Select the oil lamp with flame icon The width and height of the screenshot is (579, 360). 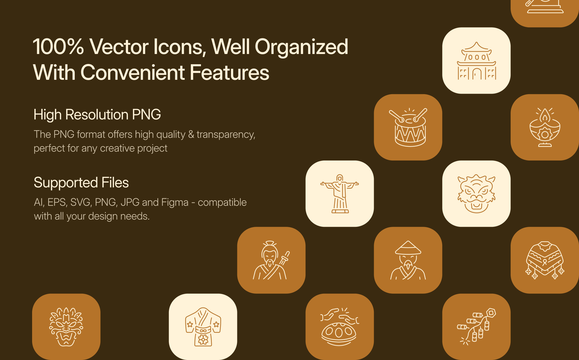pyautogui.click(x=545, y=127)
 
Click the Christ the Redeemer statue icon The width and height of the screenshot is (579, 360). pyautogui.click(x=340, y=194)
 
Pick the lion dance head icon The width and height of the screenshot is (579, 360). pyautogui.click(x=476, y=194)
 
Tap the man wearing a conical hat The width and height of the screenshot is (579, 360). pyautogui.click(x=408, y=260)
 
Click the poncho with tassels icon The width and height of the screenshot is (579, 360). pyautogui.click(x=545, y=260)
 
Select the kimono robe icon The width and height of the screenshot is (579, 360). pyautogui.click(x=203, y=327)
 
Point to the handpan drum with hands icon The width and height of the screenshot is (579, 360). pyautogui.click(x=340, y=327)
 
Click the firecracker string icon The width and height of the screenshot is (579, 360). pyautogui.click(x=476, y=327)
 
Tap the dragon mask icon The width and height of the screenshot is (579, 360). pyautogui.click(x=66, y=327)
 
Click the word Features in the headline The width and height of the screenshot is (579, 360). pyautogui.click(x=229, y=73)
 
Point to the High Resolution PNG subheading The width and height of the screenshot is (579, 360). pyautogui.click(x=97, y=115)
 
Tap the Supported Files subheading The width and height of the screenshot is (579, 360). pyautogui.click(x=81, y=182)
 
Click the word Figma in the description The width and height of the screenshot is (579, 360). pyautogui.click(x=175, y=203)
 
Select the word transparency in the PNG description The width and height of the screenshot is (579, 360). pyautogui.click(x=226, y=135)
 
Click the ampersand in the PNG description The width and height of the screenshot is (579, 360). pyautogui.click(x=191, y=134)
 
